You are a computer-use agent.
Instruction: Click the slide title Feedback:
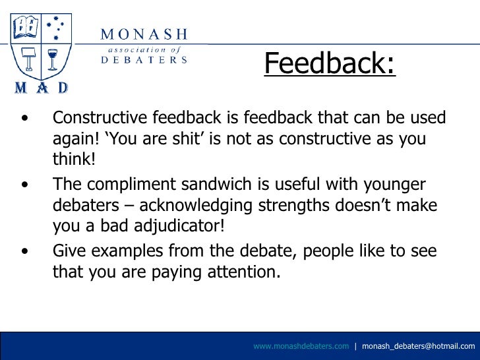pos(329,64)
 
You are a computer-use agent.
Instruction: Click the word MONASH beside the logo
pos(144,34)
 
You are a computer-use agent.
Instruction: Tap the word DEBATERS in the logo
pos(144,59)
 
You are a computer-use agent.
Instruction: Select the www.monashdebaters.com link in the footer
pos(301,346)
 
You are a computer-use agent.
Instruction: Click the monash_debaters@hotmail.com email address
pos(418,346)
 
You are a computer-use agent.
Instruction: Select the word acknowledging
pos(169,206)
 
